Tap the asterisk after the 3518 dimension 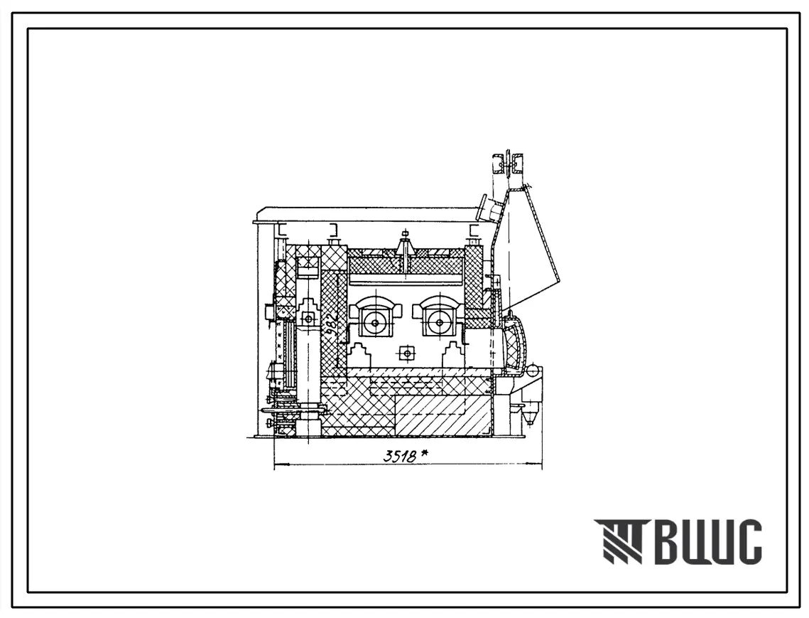point(425,454)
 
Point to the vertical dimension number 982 point(332,324)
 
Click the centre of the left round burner point(374,323)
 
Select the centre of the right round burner point(439,323)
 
